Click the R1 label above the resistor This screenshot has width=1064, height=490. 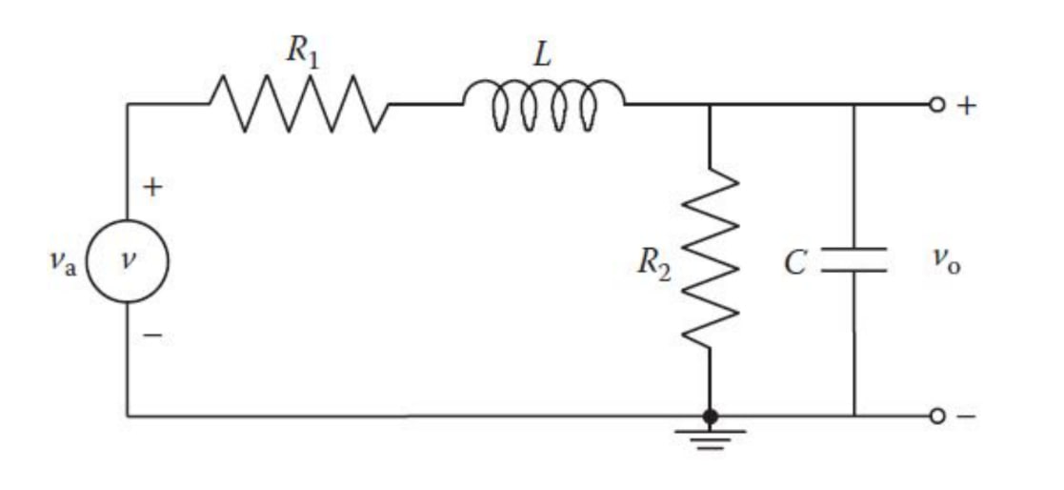(x=302, y=52)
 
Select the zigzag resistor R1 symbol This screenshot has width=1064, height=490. (x=299, y=103)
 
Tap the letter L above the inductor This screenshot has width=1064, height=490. (x=542, y=55)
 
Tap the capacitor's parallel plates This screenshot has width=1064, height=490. (x=854, y=259)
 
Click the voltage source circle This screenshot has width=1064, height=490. (x=128, y=260)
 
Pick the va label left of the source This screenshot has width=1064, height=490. (x=63, y=261)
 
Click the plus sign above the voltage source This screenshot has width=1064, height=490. (x=151, y=188)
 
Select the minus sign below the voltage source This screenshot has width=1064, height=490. (x=152, y=335)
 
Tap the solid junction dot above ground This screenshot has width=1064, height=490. (x=711, y=417)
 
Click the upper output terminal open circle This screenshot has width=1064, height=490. (x=937, y=105)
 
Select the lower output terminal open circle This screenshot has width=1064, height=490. (x=937, y=417)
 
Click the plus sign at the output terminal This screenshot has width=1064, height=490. (x=967, y=105)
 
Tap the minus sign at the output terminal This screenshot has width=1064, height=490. (x=967, y=417)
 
